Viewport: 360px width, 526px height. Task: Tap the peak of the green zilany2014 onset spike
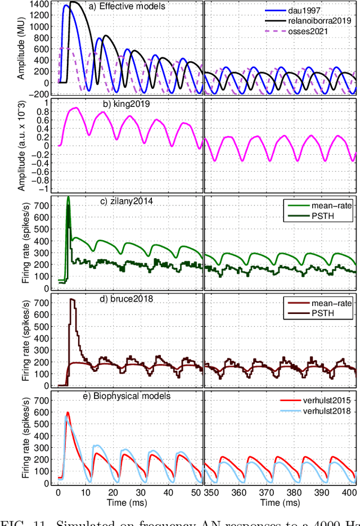(x=69, y=197)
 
